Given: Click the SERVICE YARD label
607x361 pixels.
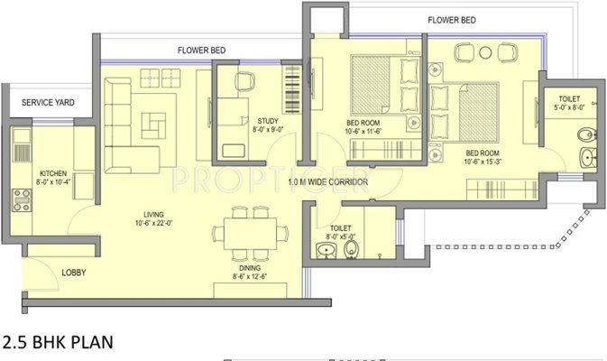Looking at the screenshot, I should tap(47, 103).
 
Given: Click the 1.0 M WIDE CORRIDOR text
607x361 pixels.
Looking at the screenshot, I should tap(328, 182).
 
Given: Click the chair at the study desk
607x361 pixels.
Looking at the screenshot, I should tap(245, 81).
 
